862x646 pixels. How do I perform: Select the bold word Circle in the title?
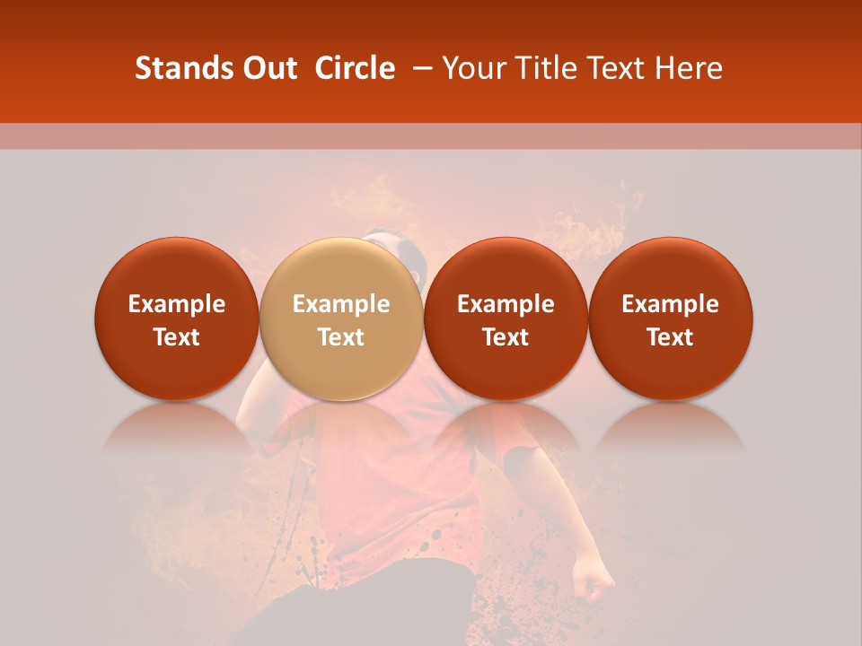355,68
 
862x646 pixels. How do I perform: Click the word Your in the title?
475,68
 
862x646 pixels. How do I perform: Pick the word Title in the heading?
549,68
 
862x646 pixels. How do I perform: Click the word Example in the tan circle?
341,304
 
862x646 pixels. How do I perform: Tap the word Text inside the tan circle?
341,337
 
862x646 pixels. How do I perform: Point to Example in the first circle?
176,304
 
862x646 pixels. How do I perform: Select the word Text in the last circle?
670,337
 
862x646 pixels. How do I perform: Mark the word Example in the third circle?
506,304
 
